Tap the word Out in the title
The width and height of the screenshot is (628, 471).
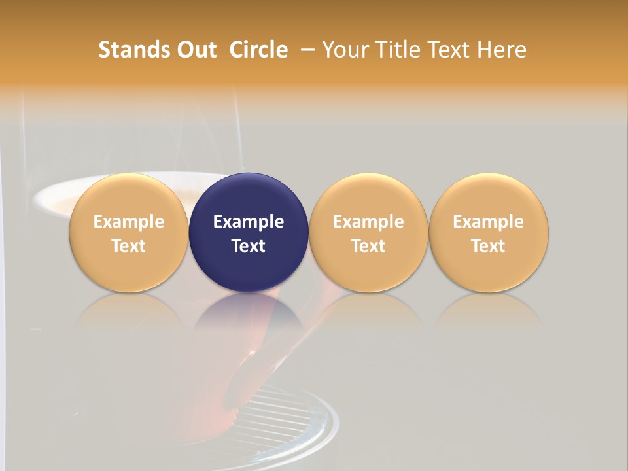click(x=195, y=50)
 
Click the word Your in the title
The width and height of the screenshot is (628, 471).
click(x=345, y=50)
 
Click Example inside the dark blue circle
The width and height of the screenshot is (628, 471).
click(x=249, y=222)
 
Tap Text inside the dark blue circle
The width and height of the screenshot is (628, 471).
click(x=249, y=246)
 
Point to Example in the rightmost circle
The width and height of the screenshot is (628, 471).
click(x=489, y=222)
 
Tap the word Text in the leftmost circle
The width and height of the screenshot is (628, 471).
click(x=128, y=246)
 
